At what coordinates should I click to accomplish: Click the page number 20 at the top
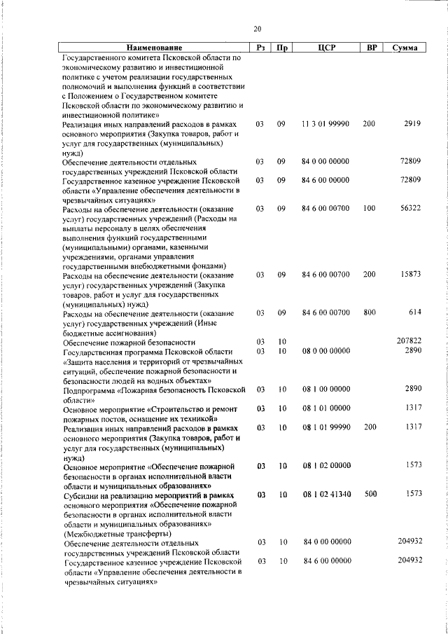(x=257, y=29)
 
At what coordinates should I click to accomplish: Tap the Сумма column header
(x=405, y=48)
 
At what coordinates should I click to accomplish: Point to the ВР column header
(x=371, y=48)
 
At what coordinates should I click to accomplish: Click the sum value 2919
(x=412, y=124)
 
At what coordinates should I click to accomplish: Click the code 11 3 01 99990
(x=325, y=124)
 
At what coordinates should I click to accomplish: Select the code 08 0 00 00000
(x=325, y=350)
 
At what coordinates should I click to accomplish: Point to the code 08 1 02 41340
(x=326, y=494)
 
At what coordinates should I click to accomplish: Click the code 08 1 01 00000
(x=326, y=408)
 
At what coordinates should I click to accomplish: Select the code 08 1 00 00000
(x=326, y=388)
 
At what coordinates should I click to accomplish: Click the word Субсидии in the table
(x=81, y=495)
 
